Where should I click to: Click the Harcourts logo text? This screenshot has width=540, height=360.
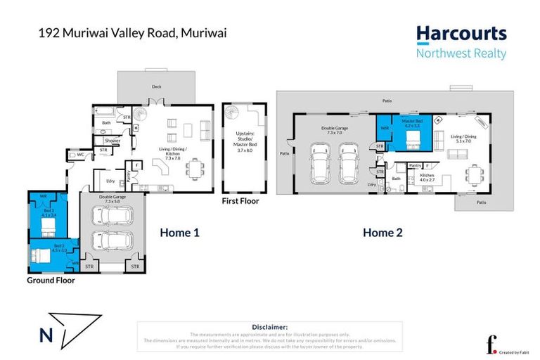click(461, 34)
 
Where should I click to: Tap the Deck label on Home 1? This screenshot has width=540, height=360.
click(156, 87)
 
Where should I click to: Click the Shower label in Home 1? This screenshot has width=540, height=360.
click(113, 141)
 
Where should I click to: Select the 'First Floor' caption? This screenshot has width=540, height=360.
click(240, 201)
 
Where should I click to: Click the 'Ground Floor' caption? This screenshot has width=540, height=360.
click(51, 280)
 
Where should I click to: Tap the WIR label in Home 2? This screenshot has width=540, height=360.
click(385, 129)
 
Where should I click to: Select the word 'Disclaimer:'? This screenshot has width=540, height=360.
click(269, 327)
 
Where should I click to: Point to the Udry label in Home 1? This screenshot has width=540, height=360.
click(111, 180)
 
